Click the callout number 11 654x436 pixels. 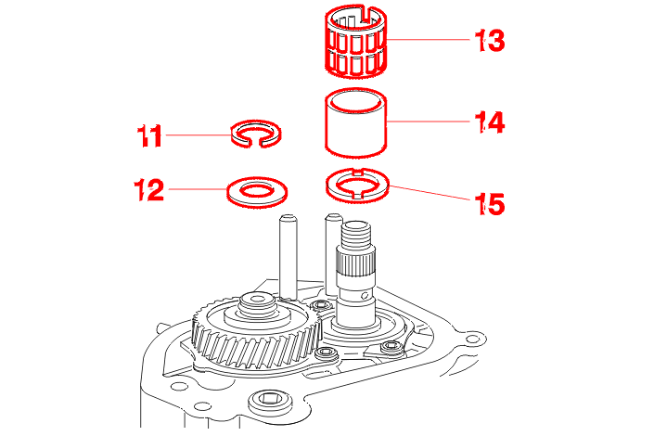point(149,136)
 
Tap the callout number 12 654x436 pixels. point(149,191)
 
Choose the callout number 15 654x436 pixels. point(489,203)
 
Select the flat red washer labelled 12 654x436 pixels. point(257,193)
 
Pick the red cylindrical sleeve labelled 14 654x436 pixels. point(356,122)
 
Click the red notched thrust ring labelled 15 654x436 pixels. point(357,185)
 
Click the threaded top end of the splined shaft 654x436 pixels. point(357,237)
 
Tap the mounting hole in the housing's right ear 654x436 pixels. point(471,340)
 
